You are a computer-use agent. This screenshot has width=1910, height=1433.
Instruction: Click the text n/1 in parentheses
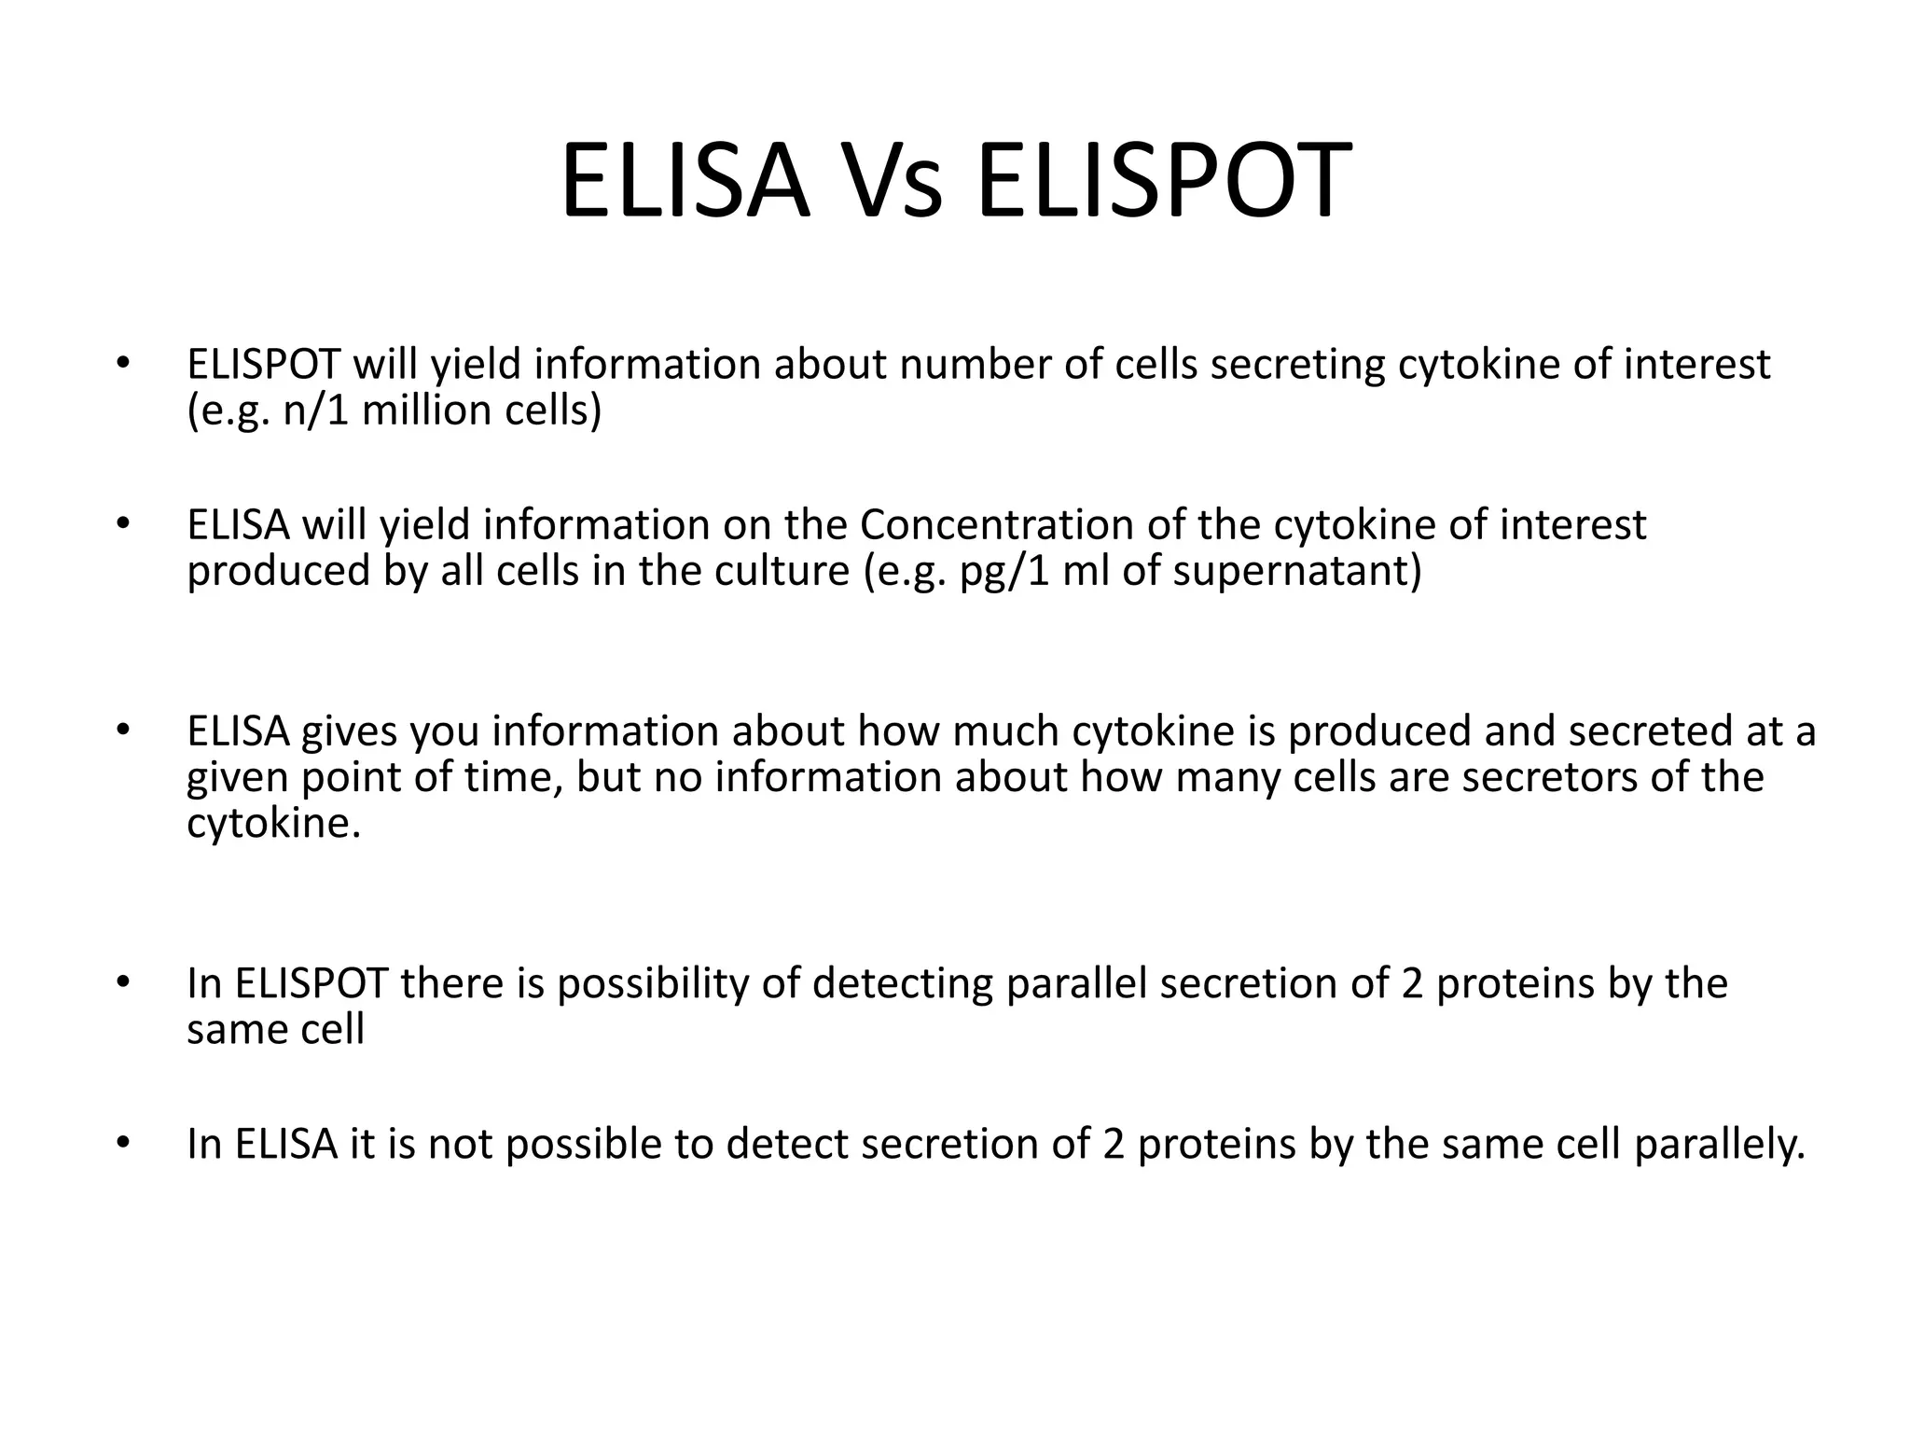[315, 410]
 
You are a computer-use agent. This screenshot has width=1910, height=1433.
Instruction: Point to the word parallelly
[1719, 1145]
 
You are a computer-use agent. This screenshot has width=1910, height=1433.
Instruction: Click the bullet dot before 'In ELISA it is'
[120, 1143]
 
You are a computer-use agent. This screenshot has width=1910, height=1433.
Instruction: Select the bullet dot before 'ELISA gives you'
[120, 730]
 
